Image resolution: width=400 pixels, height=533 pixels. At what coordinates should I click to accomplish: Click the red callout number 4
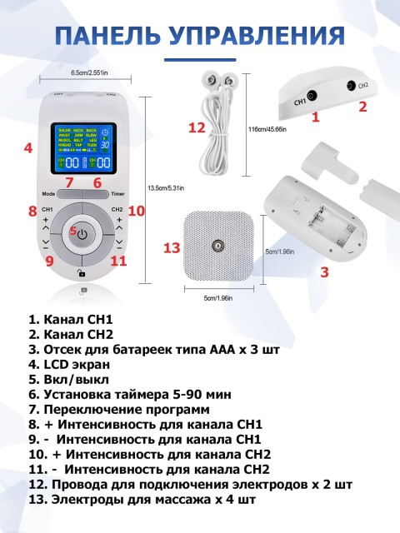pos(28,148)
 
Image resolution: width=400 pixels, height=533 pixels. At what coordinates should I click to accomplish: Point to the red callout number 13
pos(172,247)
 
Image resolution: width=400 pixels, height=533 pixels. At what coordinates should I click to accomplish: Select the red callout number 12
pos(197,128)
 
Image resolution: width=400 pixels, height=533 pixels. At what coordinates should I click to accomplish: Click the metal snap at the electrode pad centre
pos(217,247)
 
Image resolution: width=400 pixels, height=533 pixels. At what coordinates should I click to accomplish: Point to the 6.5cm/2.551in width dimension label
pos(82,74)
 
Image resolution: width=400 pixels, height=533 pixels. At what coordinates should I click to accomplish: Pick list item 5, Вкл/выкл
pos(68,379)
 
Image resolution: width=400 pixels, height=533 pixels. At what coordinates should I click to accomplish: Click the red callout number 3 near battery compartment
pos(324,271)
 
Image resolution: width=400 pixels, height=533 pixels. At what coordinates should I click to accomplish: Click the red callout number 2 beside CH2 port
pos(362,107)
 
